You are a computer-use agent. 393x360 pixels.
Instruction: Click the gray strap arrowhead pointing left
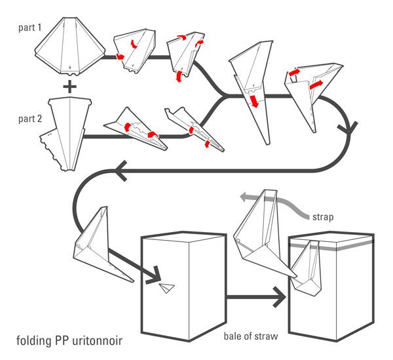point(243,196)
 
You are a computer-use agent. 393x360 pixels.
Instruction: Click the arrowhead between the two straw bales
point(280,297)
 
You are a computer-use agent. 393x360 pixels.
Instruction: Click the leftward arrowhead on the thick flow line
point(122,172)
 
